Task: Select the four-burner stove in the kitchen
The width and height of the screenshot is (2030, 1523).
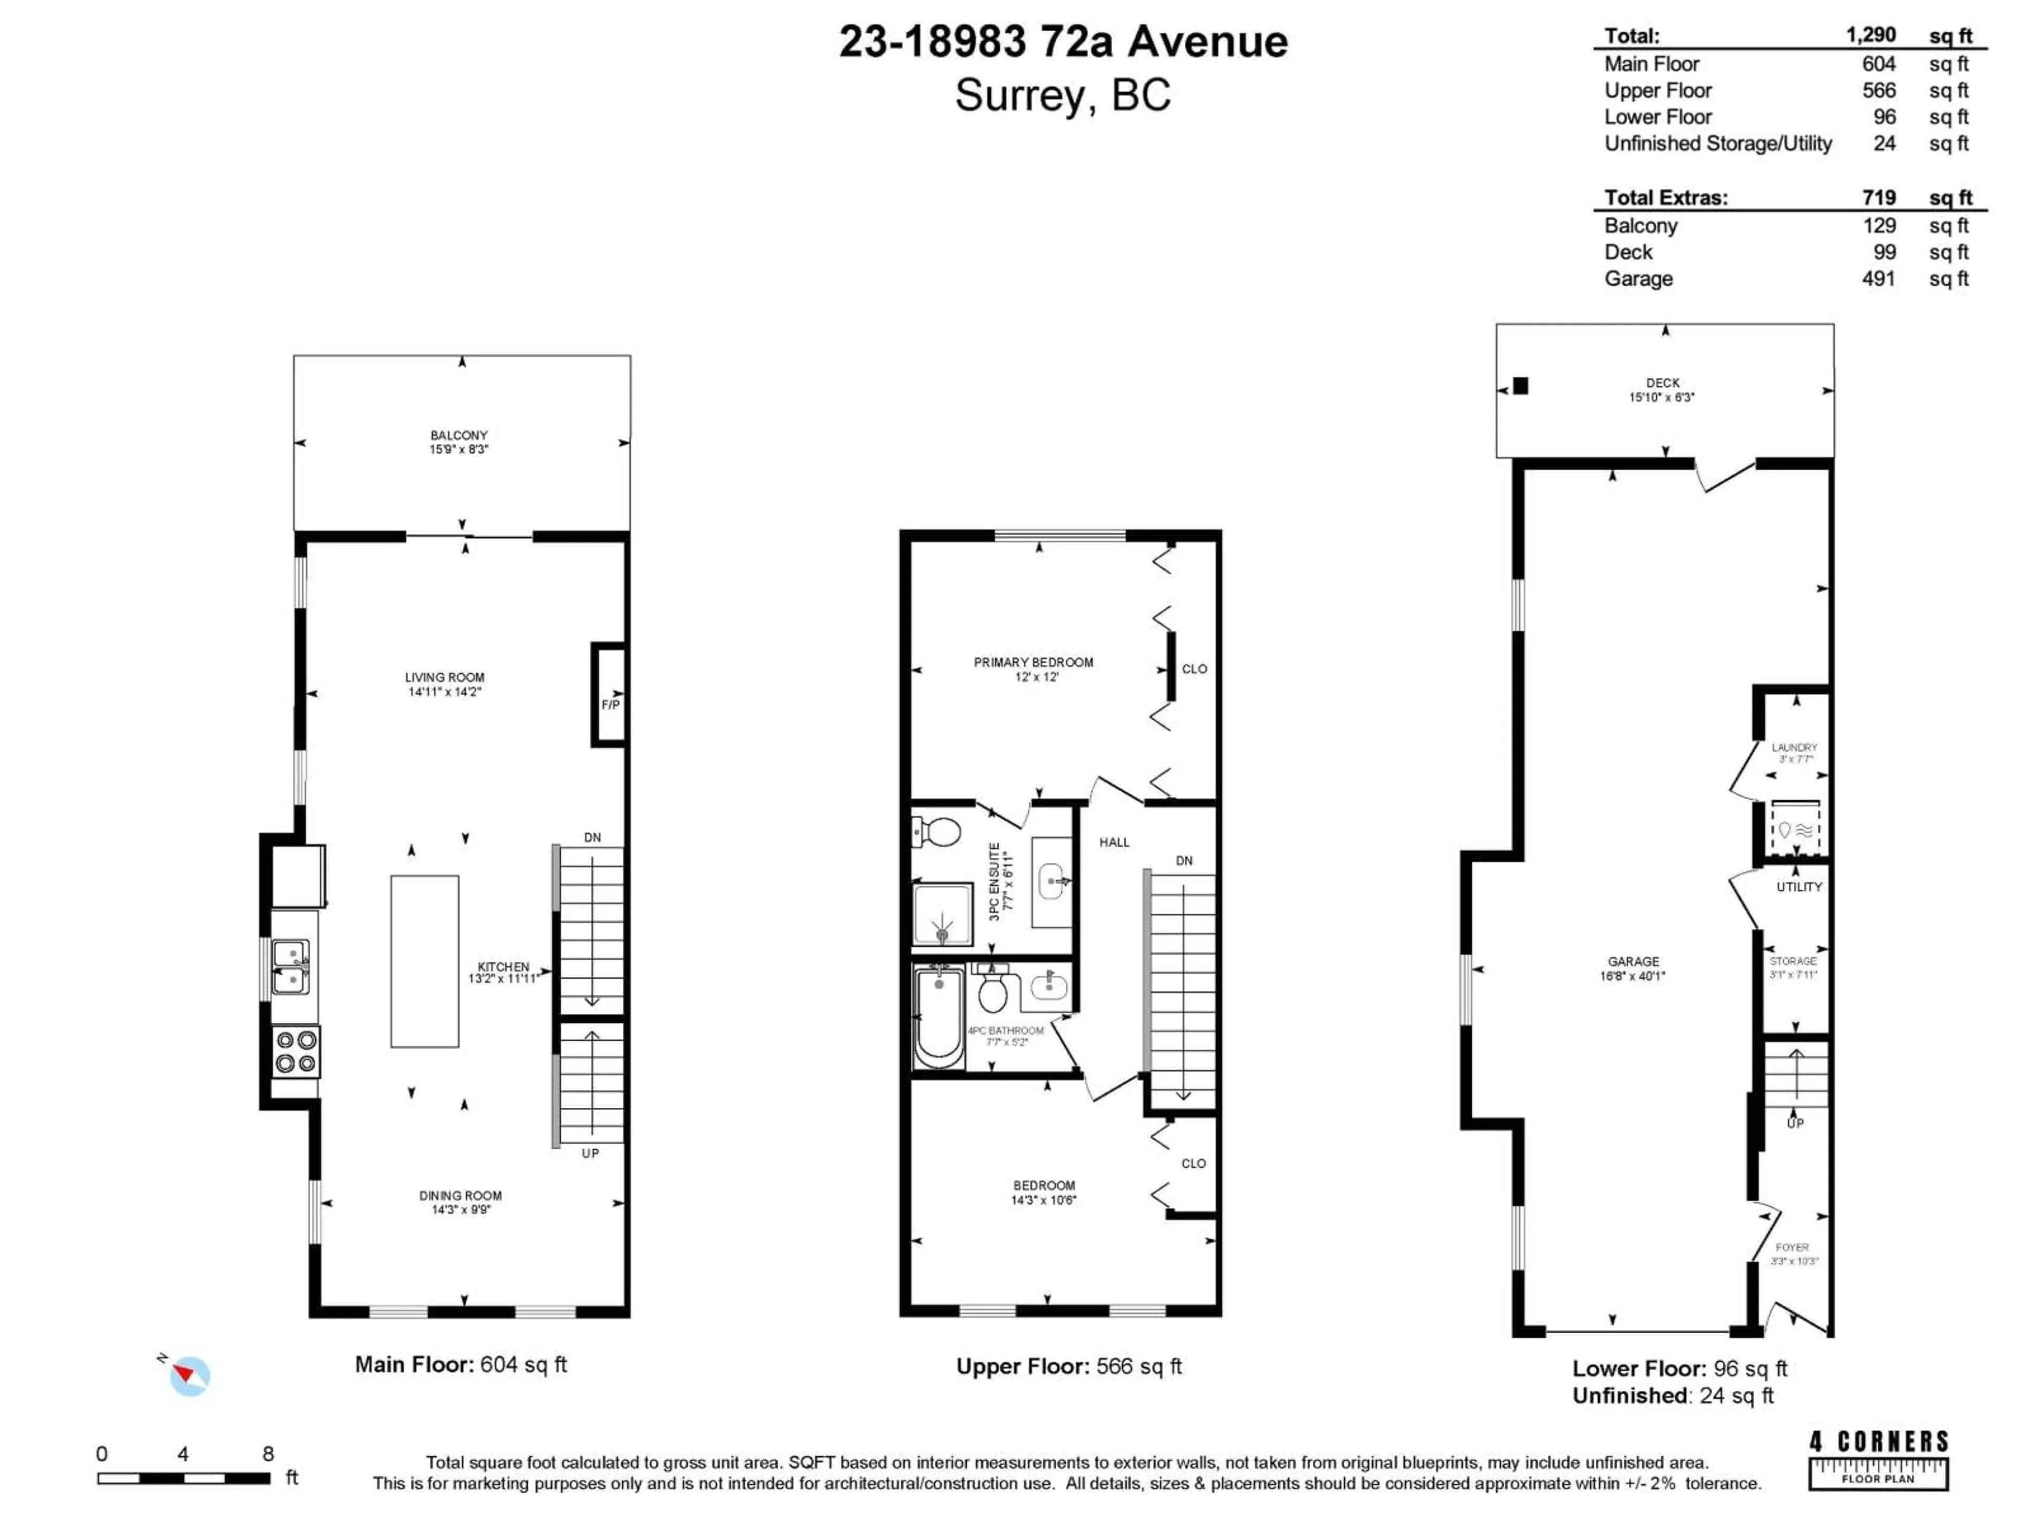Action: click(296, 1052)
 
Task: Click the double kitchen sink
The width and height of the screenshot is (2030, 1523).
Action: click(291, 967)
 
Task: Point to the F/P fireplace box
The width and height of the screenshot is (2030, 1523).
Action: click(610, 695)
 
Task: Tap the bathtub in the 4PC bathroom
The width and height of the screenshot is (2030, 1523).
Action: click(938, 1017)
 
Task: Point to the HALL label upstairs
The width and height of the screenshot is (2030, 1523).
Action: click(1114, 842)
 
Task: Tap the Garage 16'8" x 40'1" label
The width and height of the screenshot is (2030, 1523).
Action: click(1632, 968)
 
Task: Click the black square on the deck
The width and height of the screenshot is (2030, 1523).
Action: click(1521, 386)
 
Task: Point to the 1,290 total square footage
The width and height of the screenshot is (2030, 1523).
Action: click(1870, 35)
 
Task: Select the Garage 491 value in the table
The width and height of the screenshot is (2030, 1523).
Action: click(1878, 278)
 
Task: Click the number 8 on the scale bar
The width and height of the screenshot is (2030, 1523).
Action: click(268, 1453)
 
